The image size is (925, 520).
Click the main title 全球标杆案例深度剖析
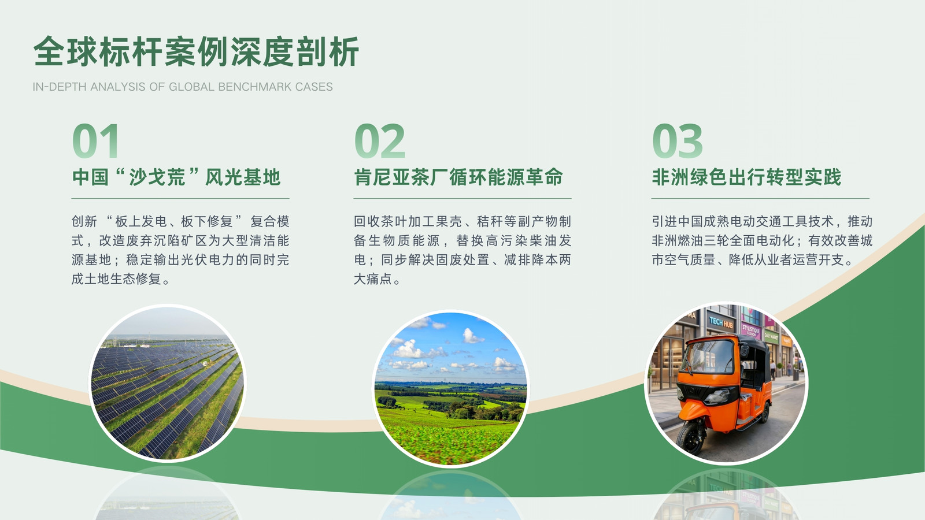[196, 51]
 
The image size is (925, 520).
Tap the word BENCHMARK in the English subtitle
[249, 87]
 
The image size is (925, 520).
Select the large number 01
[96, 141]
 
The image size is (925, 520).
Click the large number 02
[380, 141]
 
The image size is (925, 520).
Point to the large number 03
[678, 141]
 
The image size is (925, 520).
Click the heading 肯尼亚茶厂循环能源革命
[458, 177]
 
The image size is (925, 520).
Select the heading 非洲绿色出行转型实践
[746, 177]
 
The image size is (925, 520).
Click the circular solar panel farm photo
[167, 383]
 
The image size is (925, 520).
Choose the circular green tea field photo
[450, 388]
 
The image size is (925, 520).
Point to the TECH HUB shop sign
[721, 322]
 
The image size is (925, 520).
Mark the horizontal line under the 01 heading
[180, 199]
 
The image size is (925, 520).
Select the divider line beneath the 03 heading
[760, 199]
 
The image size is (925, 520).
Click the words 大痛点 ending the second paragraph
[372, 279]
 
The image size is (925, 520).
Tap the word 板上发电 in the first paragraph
[141, 222]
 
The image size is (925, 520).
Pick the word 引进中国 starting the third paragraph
[678, 222]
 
